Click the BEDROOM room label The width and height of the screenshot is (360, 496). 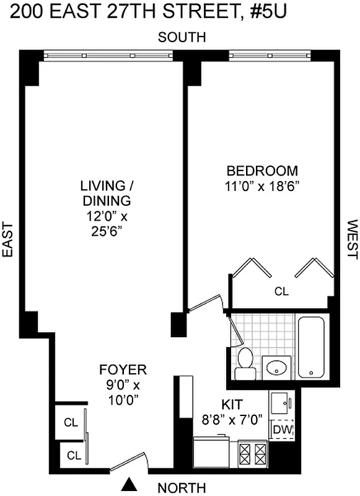[x=262, y=171]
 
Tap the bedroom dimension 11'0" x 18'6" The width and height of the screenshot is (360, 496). [x=262, y=186]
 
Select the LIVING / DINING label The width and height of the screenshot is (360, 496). [x=105, y=193]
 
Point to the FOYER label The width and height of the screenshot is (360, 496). [x=123, y=370]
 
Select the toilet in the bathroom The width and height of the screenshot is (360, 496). [x=246, y=362]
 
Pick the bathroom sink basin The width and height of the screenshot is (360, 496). [x=275, y=368]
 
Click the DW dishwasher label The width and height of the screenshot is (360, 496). [x=281, y=429]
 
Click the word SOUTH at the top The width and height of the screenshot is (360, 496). [x=182, y=38]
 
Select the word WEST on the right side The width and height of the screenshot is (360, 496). [x=351, y=239]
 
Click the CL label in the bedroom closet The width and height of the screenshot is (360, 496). [x=282, y=291]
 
